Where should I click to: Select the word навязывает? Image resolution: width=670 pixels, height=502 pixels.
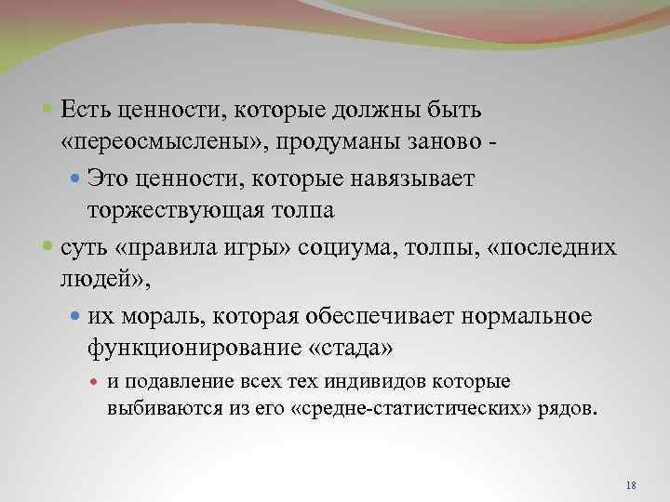(x=418, y=178)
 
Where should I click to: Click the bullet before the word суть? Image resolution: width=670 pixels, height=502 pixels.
(x=49, y=248)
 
